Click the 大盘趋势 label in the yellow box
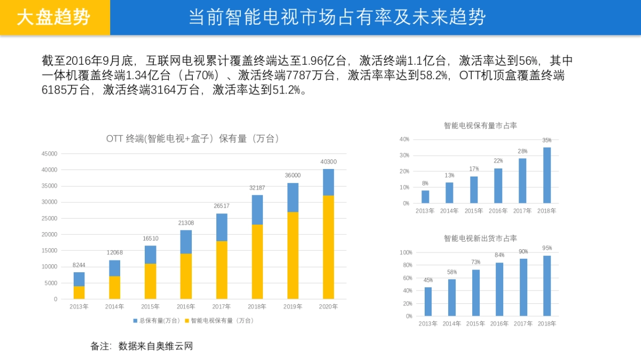[53, 18]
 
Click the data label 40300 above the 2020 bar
[328, 162]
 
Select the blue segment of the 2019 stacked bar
[293, 197]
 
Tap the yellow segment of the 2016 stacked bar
[186, 276]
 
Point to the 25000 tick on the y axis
[49, 218]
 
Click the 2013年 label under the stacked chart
[79, 306]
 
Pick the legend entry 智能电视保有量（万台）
[218, 320]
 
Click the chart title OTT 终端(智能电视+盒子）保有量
[193, 139]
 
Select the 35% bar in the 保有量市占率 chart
[547, 175]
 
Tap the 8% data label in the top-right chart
[425, 183]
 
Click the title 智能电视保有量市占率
[480, 126]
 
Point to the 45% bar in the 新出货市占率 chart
[428, 302]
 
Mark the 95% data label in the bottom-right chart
[547, 248]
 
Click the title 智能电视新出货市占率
[480, 238]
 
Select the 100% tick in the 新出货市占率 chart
[406, 252]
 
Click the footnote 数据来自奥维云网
[155, 346]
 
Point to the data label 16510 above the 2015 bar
[151, 239]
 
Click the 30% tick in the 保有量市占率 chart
[404, 155]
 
